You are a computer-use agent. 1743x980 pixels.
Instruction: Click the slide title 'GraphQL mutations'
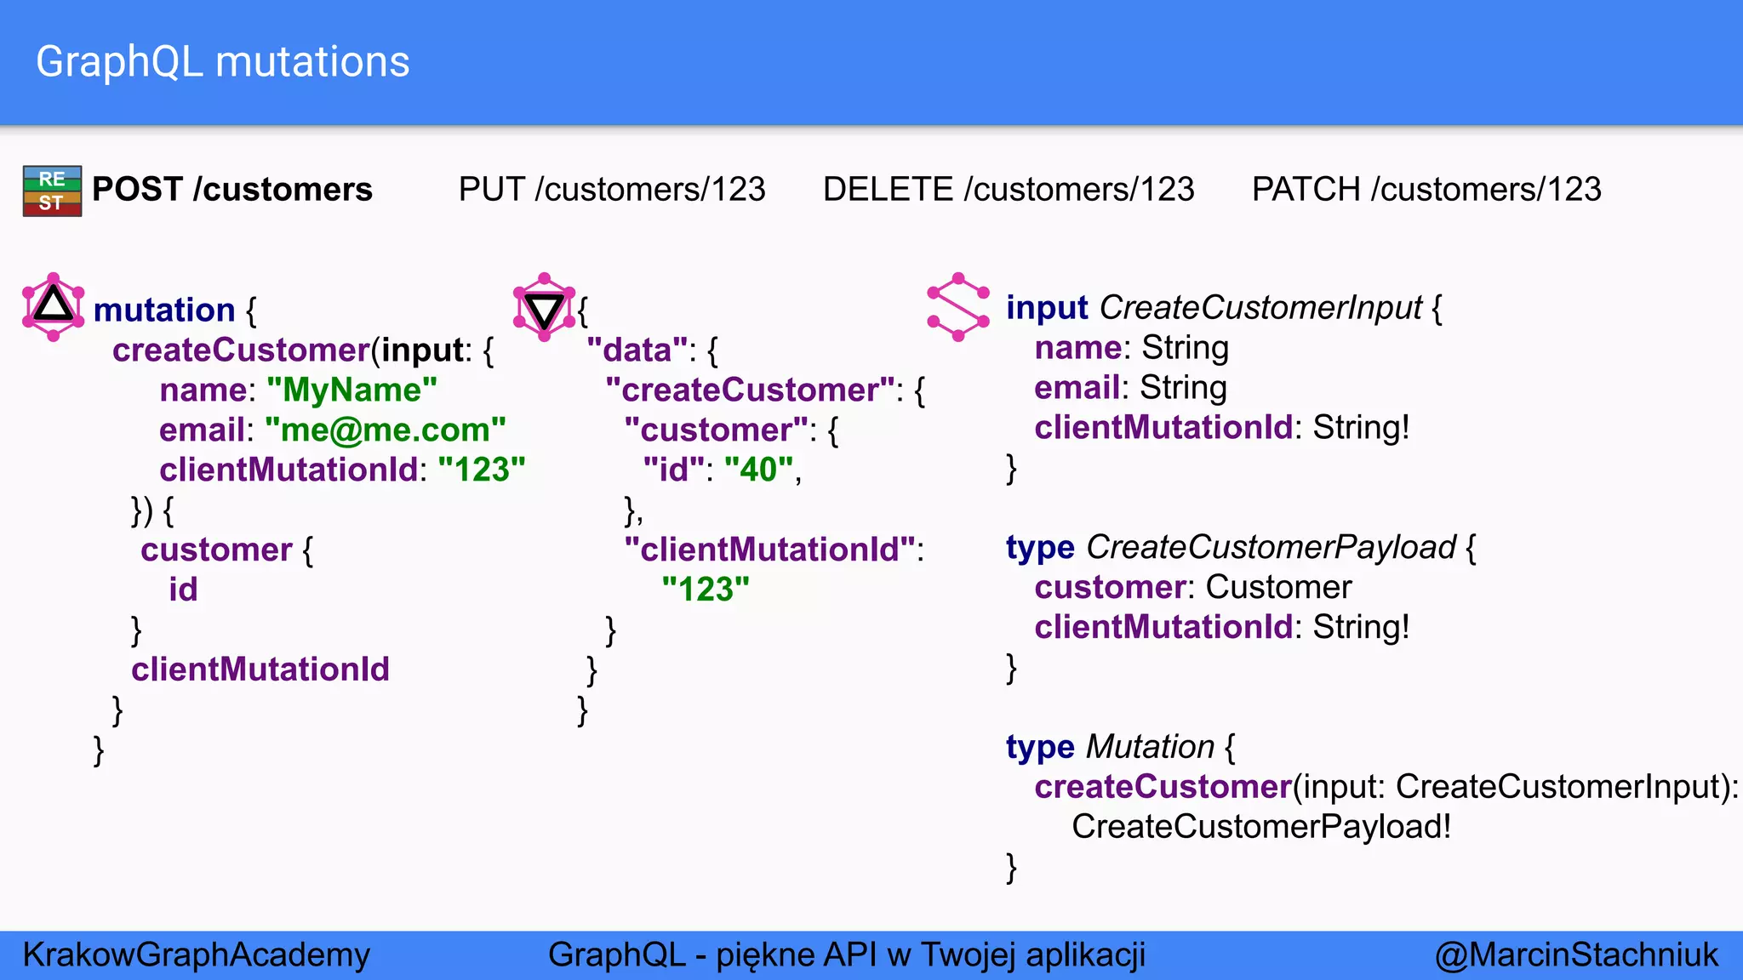[x=223, y=62]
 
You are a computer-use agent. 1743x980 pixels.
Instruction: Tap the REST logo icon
[x=52, y=191]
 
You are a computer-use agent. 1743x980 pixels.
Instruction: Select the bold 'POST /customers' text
[x=232, y=189]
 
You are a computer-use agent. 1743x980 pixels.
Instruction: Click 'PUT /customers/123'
[x=612, y=189]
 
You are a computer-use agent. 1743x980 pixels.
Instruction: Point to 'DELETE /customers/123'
[x=1009, y=189]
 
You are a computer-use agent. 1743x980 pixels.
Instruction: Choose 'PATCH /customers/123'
[x=1426, y=189]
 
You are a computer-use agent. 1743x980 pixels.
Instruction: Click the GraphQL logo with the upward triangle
[x=54, y=306]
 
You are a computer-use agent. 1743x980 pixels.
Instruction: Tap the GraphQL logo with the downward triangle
[x=545, y=307]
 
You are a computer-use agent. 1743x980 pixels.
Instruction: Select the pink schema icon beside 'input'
[x=958, y=307]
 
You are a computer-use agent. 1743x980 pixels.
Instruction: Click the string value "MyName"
[x=351, y=390]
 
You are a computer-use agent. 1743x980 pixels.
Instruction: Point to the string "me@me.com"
[x=385, y=430]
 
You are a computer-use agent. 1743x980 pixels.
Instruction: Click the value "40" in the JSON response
[x=759, y=470]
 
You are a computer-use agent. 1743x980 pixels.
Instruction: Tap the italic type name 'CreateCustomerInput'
[x=1260, y=307]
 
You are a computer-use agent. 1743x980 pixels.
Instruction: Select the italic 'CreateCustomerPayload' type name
[x=1271, y=547]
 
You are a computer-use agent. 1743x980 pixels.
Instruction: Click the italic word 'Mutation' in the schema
[x=1150, y=747]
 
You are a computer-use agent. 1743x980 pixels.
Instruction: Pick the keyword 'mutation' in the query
[x=164, y=310]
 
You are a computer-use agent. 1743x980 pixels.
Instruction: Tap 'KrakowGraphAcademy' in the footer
[x=197, y=954]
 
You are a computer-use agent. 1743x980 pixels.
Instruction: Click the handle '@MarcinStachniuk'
[x=1577, y=954]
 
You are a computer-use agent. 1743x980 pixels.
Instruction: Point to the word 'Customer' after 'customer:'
[x=1278, y=587]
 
